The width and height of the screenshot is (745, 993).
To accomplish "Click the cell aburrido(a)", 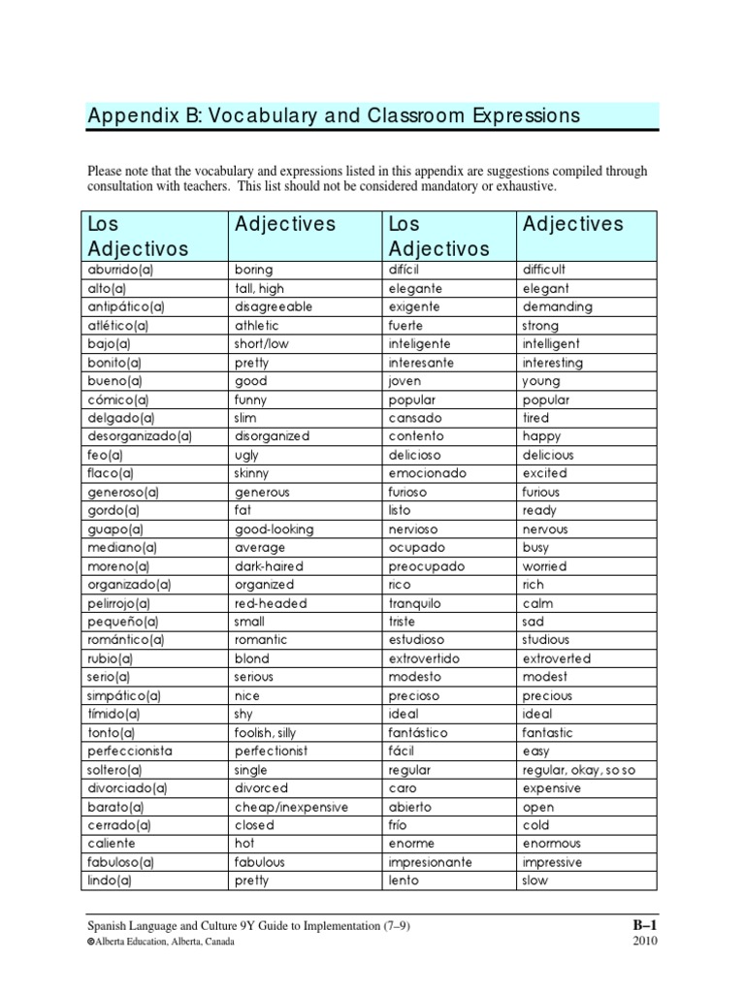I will click(118, 270).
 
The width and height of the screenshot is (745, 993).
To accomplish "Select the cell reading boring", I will click(254, 270).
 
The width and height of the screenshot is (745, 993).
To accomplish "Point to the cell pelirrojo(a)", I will click(120, 603).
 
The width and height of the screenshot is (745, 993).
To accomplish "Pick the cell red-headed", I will click(271, 603).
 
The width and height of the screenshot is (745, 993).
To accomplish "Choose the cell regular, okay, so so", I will click(578, 770).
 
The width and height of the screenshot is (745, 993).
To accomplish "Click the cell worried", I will click(544, 566).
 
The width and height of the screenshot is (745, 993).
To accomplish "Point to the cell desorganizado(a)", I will click(140, 436).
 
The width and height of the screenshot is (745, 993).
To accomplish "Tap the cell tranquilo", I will click(416, 603).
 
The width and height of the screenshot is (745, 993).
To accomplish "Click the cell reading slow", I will click(535, 881).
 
